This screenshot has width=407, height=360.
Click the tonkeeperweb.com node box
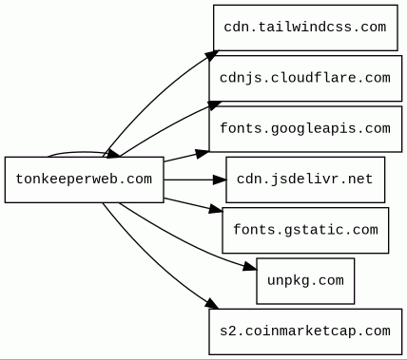(85, 180)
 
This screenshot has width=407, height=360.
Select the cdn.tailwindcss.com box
(305, 28)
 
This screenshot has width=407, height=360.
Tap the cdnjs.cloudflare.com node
(305, 79)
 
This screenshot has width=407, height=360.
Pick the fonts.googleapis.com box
(305, 129)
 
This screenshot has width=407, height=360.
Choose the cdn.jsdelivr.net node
(305, 180)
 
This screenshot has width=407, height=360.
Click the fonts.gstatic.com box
(305, 230)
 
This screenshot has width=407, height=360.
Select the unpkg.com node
(305, 281)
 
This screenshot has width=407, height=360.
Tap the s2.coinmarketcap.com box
(305, 332)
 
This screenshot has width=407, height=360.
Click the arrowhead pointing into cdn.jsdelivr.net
(220, 180)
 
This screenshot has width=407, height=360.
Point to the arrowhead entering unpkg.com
(250, 267)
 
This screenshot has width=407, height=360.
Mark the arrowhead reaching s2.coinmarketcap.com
(212, 303)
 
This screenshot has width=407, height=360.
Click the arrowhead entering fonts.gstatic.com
(216, 209)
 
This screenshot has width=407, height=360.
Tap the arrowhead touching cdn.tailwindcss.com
(212, 55)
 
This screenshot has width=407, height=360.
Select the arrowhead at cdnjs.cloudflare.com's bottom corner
(214, 105)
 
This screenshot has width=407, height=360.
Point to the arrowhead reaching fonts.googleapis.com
(203, 154)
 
